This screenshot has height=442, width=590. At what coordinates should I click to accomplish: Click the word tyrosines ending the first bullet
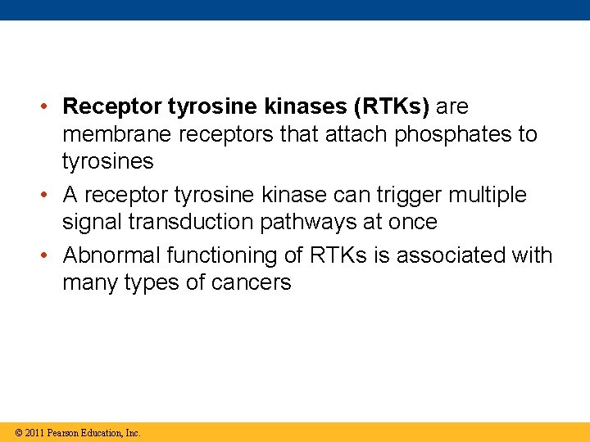pyautogui.click(x=107, y=161)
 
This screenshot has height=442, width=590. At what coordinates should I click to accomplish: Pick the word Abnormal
pyautogui.click(x=111, y=255)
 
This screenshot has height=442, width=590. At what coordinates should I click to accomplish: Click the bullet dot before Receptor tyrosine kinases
pyautogui.click(x=49, y=107)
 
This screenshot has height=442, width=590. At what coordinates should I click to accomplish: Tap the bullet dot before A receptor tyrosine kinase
pyautogui.click(x=49, y=196)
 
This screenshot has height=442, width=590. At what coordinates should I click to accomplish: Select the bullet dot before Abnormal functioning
pyautogui.click(x=49, y=256)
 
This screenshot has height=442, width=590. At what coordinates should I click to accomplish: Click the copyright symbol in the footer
pyautogui.click(x=18, y=432)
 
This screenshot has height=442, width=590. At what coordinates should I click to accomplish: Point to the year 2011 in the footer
pyautogui.click(x=34, y=432)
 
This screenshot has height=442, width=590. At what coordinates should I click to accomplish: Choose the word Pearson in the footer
pyautogui.click(x=64, y=432)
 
